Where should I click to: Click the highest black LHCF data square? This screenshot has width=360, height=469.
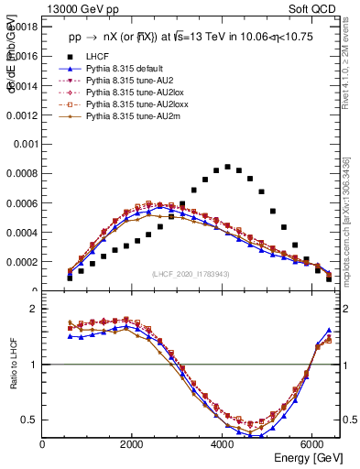point(227,167)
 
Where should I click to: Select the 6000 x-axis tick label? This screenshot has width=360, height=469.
point(312,444)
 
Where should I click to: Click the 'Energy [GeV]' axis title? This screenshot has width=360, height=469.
point(303,458)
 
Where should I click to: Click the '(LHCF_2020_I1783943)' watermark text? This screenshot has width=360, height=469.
point(191,273)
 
